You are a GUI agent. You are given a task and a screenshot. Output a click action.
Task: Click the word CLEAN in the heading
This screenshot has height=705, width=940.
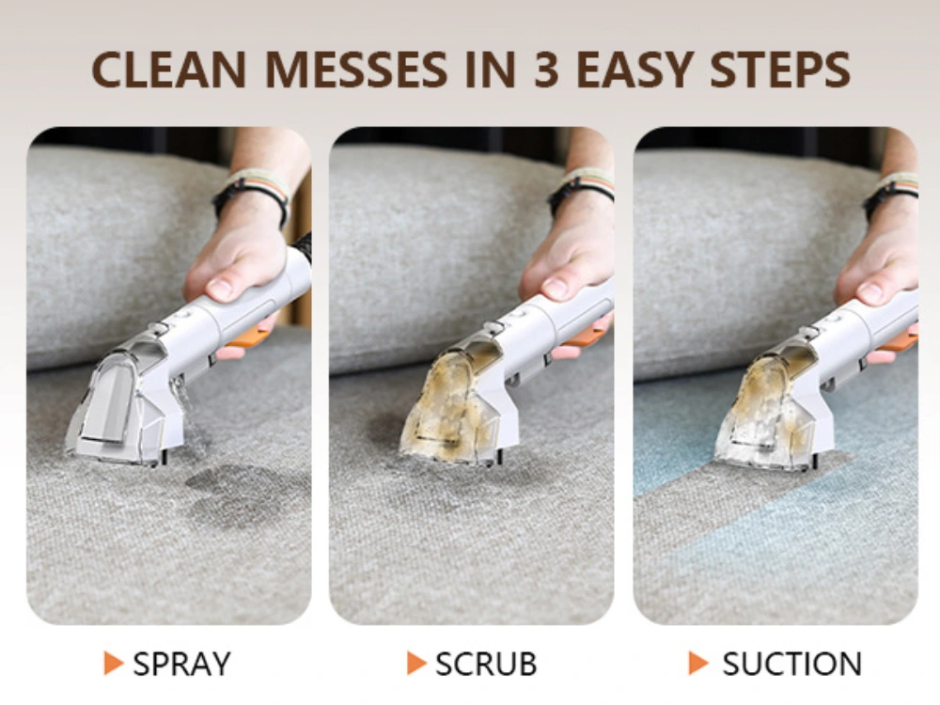click(x=169, y=70)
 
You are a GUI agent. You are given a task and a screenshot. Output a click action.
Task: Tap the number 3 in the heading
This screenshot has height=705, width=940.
click(x=545, y=70)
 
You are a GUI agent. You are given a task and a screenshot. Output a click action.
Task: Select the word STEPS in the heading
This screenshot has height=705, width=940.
click(x=780, y=70)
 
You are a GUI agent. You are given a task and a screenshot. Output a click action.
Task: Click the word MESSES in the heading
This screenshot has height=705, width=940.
click(x=355, y=70)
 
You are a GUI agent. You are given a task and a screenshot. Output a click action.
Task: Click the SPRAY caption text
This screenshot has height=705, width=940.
click(x=181, y=664)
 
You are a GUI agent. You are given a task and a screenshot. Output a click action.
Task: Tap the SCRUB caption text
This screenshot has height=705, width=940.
click(x=486, y=664)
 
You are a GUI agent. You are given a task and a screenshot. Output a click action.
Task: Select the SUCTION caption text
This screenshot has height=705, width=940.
click(x=791, y=664)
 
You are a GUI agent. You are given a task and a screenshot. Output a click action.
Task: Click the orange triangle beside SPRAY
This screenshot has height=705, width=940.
click(x=113, y=663)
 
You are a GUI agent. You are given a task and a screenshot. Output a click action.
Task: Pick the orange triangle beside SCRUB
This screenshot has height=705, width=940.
click(x=416, y=663)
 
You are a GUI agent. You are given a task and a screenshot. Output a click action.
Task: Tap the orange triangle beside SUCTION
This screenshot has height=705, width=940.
click(x=698, y=663)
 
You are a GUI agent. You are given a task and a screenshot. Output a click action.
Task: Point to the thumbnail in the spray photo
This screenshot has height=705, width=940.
click(x=221, y=290)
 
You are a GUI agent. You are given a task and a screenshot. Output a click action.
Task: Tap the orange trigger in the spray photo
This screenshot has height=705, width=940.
click(x=249, y=338)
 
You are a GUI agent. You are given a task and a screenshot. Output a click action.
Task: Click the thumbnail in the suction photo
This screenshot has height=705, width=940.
click(x=871, y=293)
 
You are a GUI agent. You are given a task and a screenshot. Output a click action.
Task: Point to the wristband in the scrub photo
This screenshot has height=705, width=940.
click(x=582, y=187)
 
